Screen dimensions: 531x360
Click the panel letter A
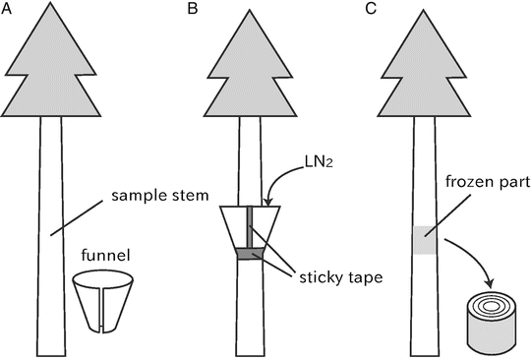7,9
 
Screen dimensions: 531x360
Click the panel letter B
193,9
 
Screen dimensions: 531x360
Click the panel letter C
371,9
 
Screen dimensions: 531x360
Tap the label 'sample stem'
160,196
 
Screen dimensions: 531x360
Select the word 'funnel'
105,255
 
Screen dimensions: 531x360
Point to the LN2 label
319,163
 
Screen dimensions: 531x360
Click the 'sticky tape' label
341,277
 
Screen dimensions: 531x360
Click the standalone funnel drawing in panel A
103,301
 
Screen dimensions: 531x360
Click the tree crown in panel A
51,63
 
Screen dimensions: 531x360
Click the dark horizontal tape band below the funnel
250,254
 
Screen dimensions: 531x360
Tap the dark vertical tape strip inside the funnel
250,226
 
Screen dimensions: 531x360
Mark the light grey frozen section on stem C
425,240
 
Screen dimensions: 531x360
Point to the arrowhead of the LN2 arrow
267,202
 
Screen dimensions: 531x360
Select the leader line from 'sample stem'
77,217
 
